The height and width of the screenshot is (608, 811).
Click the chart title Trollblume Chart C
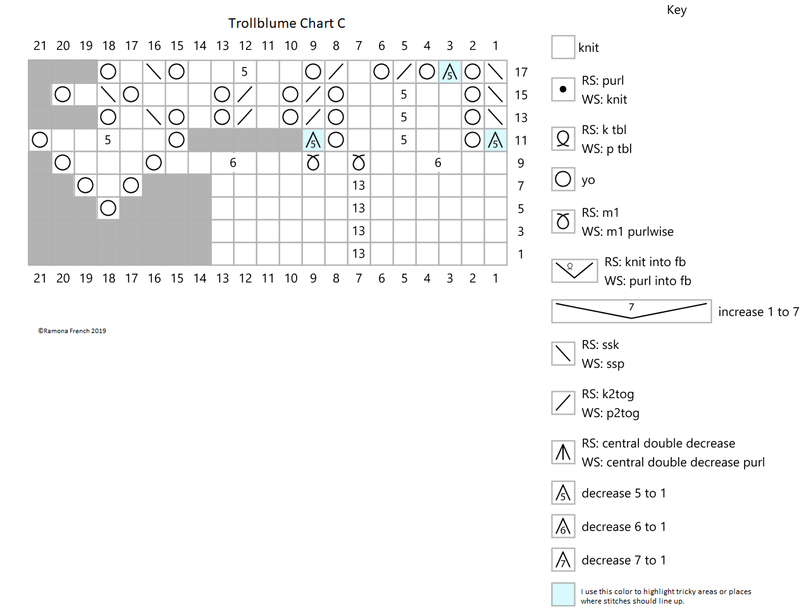coord(287,23)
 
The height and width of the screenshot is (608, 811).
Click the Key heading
coord(676,10)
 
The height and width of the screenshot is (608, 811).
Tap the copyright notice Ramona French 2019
coord(72,331)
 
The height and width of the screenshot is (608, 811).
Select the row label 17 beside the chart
coord(521,72)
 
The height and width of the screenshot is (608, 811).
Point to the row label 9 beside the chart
coord(521,163)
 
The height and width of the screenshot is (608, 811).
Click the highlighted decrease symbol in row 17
coord(450,71)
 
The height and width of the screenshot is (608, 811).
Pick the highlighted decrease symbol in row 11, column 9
coord(313,140)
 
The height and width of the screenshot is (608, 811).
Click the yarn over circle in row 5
coord(108,208)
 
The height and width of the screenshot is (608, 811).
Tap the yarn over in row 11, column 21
coord(40,140)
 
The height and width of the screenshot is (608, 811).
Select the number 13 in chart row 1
coord(359,253)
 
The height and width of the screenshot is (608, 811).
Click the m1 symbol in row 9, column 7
coord(359,162)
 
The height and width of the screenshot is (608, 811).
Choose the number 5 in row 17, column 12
coord(244,71)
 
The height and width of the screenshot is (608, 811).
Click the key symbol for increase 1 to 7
coord(631,311)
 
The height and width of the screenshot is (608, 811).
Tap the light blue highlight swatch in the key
coord(563,594)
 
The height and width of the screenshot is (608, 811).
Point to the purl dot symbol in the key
coord(563,89)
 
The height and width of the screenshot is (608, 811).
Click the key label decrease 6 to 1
coord(624,526)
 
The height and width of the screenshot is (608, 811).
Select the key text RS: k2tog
coord(608,394)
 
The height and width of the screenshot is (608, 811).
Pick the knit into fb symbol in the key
coord(574,271)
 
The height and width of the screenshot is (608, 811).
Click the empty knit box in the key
coord(563,47)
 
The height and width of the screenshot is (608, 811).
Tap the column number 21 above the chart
coord(40,46)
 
